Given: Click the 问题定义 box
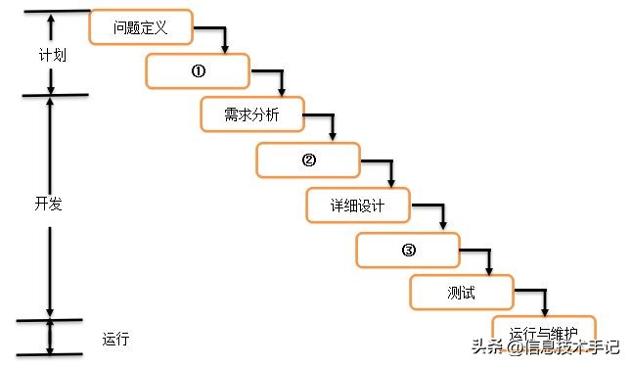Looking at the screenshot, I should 140,27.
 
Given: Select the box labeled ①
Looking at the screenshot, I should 197,71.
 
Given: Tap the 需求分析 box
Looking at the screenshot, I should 251,115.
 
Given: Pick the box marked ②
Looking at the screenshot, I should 308,160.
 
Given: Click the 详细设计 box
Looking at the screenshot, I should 358,206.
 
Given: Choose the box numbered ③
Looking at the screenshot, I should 408,251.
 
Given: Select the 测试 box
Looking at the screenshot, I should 460,293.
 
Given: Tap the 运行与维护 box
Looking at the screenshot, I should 543,333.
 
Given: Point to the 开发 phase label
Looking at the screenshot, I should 48,204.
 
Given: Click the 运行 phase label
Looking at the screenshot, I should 115,340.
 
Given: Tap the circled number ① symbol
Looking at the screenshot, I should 197,71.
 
